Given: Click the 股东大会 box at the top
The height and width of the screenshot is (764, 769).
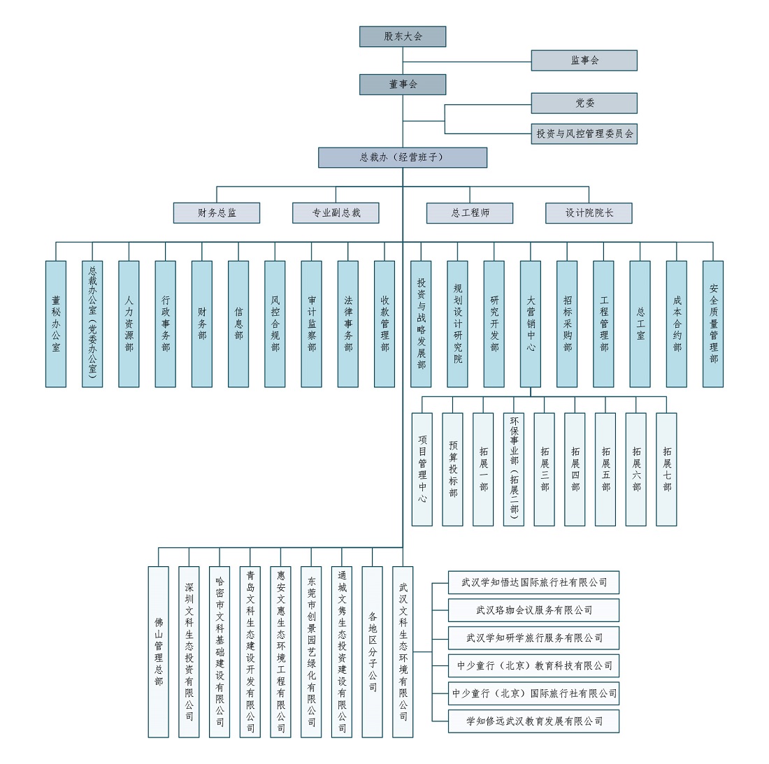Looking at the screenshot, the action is point(403,37).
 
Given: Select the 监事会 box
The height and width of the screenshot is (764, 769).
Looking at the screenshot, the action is point(584,60).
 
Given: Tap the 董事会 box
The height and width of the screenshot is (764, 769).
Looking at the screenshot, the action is point(403,85).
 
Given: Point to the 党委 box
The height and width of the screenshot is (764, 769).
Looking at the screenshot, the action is point(584,103).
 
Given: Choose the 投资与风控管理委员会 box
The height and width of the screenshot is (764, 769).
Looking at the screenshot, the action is point(584,134).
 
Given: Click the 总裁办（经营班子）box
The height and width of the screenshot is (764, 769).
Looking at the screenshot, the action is point(403,157).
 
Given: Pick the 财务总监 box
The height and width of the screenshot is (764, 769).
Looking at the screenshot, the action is point(217,212).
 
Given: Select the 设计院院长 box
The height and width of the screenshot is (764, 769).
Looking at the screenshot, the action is point(589,212).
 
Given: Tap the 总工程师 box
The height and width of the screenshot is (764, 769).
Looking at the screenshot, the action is point(470,212).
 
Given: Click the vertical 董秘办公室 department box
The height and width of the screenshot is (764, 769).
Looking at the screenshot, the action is point(56,324).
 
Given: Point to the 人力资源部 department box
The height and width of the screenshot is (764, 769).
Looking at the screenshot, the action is point(129,324).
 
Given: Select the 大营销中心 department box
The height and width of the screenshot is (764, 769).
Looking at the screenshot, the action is point(531,324).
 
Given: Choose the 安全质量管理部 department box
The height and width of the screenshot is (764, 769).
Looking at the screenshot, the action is point(713,324).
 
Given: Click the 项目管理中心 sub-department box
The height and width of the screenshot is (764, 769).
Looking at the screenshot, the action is point(422,469).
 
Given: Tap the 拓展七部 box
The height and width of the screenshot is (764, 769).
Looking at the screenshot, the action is point(666,469).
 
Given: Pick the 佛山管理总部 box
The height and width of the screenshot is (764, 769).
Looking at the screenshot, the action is point(159,652).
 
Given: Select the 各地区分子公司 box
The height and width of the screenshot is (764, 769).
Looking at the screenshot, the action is point(372,652).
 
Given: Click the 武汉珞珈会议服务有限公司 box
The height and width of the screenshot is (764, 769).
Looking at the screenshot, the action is point(533,610).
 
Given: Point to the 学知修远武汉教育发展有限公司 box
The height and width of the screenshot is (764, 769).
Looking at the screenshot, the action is point(533,721).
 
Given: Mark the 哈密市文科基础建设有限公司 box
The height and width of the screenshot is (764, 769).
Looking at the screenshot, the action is point(220,652).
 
